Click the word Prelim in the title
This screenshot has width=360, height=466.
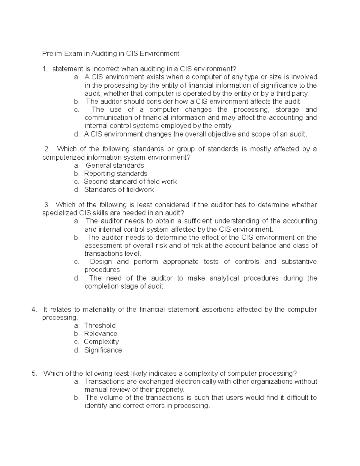pos(51,54)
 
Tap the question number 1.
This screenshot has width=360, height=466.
pos(45,69)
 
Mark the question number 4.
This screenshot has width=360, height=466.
pos(34,309)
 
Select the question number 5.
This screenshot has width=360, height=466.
pos(34,374)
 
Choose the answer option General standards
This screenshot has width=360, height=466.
pos(115,165)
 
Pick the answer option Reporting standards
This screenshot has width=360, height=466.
pos(115,173)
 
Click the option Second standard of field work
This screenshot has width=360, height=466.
pos(130,182)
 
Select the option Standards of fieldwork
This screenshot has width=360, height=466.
pos(119,190)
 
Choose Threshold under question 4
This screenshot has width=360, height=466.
pos(100,326)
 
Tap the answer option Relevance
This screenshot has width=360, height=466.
pos(100,334)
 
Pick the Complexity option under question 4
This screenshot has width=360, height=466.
pos(101,342)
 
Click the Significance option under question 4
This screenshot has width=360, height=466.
pos(103,350)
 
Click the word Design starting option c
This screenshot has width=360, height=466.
pos(101,262)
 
